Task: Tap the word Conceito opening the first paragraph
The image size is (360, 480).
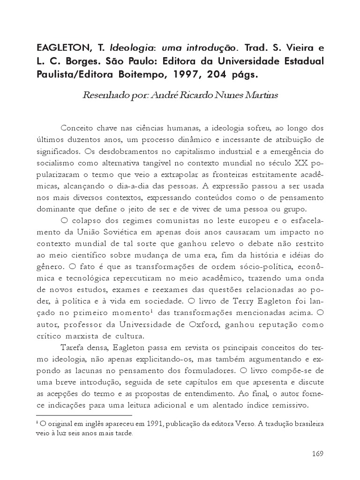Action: tap(79, 128)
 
